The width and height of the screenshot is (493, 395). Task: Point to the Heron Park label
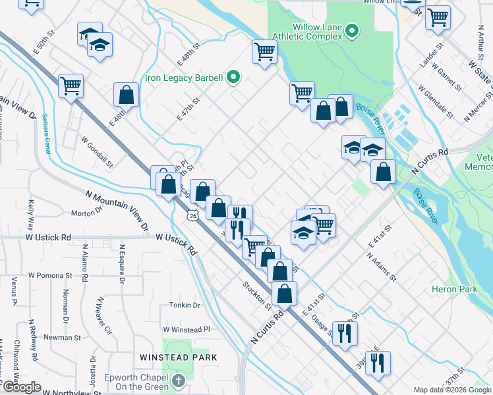pos(454,289)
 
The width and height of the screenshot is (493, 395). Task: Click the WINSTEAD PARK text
pos(178,357)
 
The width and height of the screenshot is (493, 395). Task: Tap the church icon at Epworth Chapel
pos(178,381)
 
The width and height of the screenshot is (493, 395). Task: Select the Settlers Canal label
pos(45,134)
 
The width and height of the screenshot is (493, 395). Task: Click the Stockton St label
pos(257,296)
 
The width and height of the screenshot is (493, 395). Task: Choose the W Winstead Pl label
pos(186,329)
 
